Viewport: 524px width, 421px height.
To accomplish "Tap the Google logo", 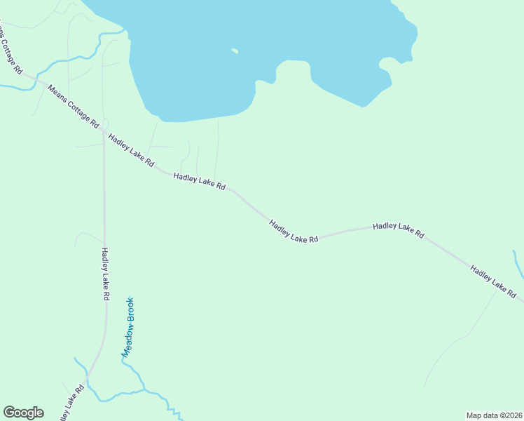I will point(23,413).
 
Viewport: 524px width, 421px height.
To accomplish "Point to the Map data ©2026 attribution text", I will point(494,415).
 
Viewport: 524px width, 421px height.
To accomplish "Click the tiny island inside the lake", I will point(235,51).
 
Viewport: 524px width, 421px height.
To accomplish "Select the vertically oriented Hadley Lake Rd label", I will point(105,274).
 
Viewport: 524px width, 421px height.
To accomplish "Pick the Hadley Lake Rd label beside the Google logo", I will point(68,403).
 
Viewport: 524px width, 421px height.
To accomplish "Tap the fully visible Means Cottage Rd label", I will point(73,105).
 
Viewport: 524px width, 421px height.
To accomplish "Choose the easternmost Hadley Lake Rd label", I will point(493,281).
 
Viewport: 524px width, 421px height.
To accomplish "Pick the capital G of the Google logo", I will point(10,412).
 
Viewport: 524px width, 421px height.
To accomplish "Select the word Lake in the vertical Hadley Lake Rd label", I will point(105,276).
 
